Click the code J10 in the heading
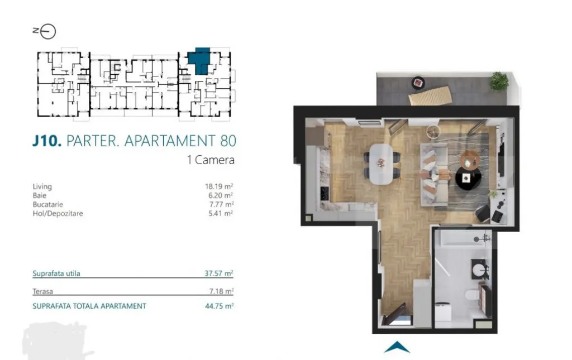click(x=46, y=140)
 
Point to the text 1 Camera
click(x=211, y=160)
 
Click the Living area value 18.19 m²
click(x=219, y=187)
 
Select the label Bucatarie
click(x=49, y=205)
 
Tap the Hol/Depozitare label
click(x=58, y=213)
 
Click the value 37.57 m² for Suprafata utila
click(x=219, y=273)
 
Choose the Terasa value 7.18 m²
click(x=221, y=291)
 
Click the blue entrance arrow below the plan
click(x=397, y=347)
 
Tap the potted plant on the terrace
click(x=499, y=81)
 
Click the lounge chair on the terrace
click(x=430, y=97)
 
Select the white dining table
click(x=381, y=164)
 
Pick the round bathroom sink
click(x=479, y=272)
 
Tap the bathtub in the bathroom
click(x=464, y=239)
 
